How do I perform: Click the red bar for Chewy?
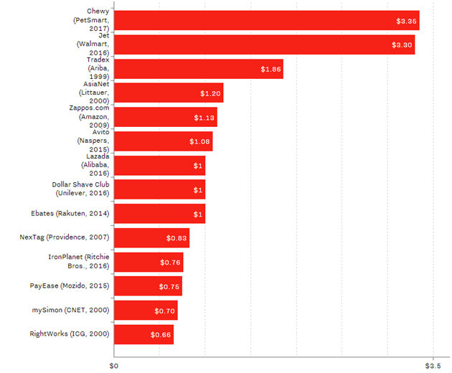point(266,21)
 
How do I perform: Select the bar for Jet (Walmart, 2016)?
point(264,44)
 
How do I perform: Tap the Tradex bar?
point(198,69)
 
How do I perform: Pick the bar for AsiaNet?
point(168,93)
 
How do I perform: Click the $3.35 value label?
point(405,22)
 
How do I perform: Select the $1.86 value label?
point(270,70)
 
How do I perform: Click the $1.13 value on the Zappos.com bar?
point(204,118)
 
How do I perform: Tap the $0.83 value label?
point(177,238)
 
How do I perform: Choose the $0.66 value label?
point(161,334)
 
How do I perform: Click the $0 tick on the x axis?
point(113,366)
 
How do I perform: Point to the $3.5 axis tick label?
point(432,366)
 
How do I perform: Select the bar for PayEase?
point(147,286)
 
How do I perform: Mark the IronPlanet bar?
point(148,262)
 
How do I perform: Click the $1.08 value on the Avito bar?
point(200,142)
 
